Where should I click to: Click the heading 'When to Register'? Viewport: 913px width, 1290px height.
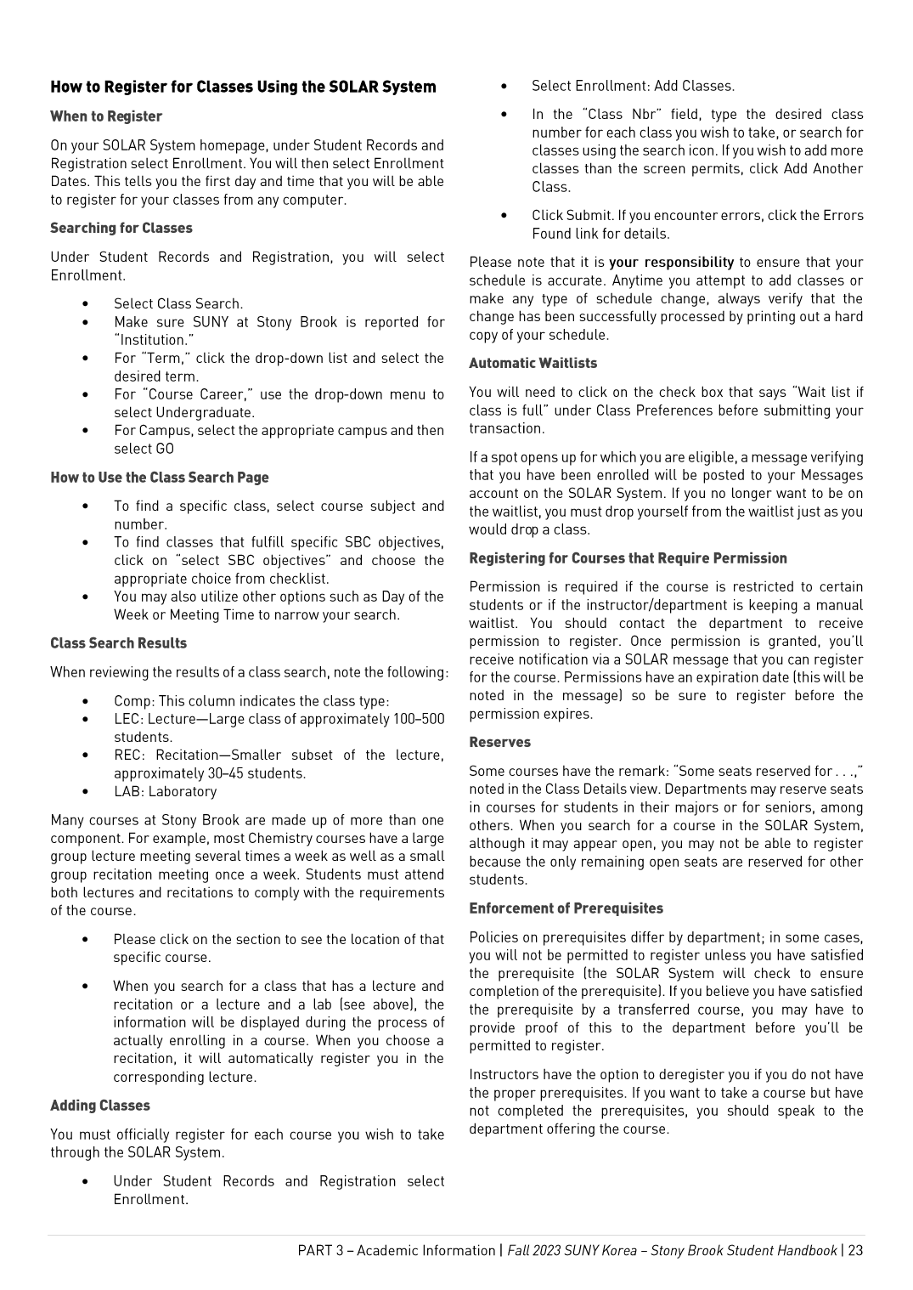click(106, 116)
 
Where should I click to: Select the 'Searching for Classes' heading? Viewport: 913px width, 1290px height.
click(121, 228)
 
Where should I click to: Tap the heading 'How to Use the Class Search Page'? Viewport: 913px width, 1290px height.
click(160, 478)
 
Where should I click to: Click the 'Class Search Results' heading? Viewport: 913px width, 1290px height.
click(118, 643)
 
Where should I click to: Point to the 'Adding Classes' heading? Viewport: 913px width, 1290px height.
click(100, 1106)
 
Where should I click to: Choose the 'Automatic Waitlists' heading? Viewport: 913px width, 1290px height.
click(533, 363)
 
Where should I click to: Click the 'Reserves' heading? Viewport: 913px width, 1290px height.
click(499, 742)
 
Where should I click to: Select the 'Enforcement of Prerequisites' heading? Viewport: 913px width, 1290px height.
click(566, 908)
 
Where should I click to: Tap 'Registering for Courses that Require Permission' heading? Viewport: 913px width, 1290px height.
click(628, 558)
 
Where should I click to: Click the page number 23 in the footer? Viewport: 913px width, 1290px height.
click(855, 1250)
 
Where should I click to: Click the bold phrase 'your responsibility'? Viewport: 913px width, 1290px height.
click(671, 263)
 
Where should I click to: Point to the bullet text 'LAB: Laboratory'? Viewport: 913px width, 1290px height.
click(166, 792)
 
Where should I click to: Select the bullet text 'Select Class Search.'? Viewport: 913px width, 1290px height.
click(178, 304)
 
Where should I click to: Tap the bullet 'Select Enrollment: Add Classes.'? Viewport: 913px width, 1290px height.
click(633, 86)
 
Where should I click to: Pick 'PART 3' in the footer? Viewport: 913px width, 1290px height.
click(321, 1250)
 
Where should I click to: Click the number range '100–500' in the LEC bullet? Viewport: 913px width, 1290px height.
click(418, 719)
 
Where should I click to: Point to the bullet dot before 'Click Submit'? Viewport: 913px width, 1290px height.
click(504, 216)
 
